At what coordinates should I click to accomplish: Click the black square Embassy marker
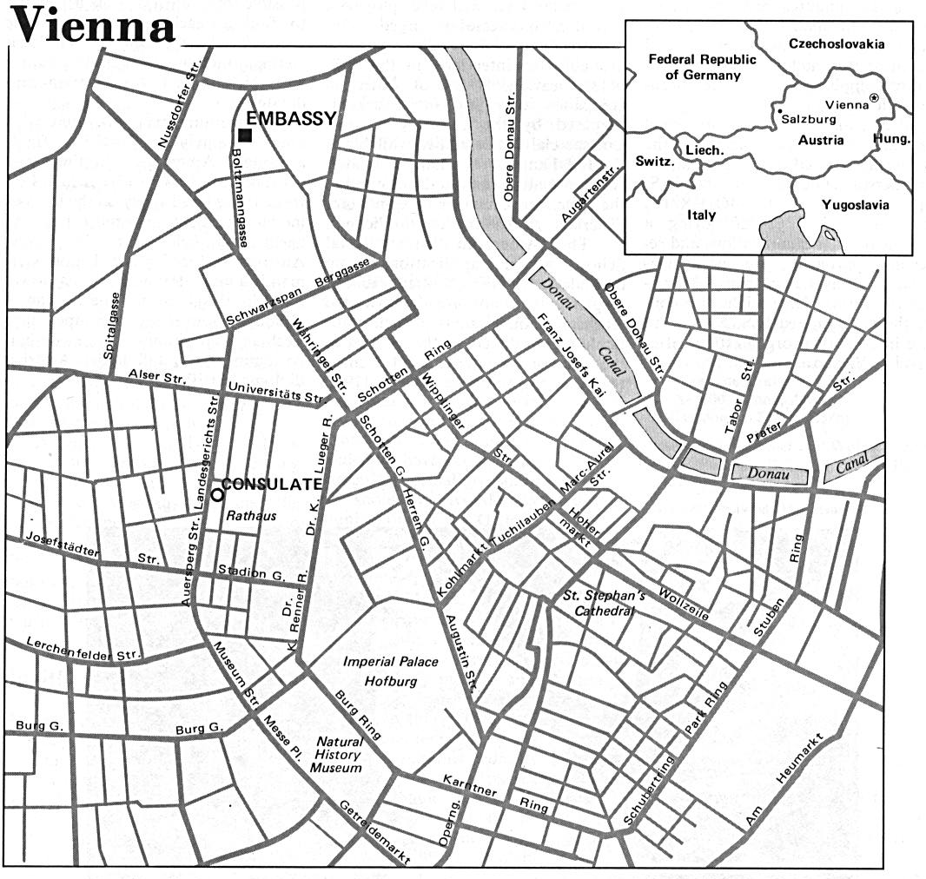point(246,135)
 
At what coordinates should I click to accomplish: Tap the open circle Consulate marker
point(215,492)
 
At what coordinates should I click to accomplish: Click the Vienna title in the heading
point(90,25)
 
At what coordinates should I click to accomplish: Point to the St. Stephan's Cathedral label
point(604,603)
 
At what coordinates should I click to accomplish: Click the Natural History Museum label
point(338,756)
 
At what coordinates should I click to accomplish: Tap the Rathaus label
point(251,516)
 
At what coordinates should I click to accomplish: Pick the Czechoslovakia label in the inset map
point(837,43)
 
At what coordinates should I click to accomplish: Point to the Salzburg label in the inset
point(807,120)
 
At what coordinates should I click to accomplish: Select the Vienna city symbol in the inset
point(874,99)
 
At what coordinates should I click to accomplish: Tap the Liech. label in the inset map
point(704,150)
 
